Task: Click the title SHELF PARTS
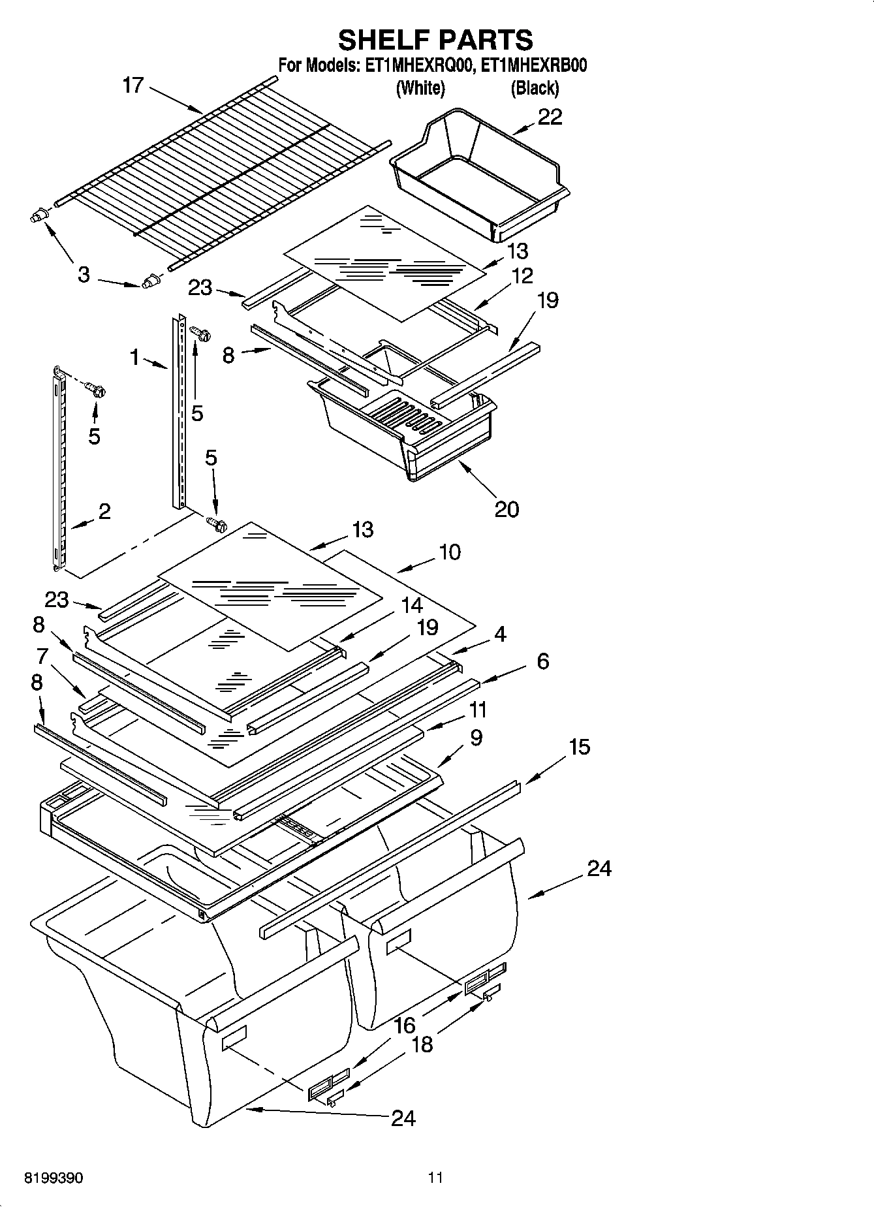coord(435,40)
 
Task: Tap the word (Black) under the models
coord(534,88)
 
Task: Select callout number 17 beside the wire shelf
coord(133,86)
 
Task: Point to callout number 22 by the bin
coord(550,117)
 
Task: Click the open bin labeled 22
coord(480,173)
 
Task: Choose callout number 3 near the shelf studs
coord(84,275)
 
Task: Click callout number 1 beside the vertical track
coord(135,357)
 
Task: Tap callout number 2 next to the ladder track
coord(104,511)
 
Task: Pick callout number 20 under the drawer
coord(507,509)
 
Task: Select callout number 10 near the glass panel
coord(450,552)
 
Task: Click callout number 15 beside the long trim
coord(579,747)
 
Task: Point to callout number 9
coord(476,738)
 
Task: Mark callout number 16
coord(405,1026)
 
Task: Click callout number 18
coord(422,1044)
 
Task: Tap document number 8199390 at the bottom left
coord(54,1178)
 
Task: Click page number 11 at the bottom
coord(435,1178)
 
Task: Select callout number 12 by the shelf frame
coord(522,275)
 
